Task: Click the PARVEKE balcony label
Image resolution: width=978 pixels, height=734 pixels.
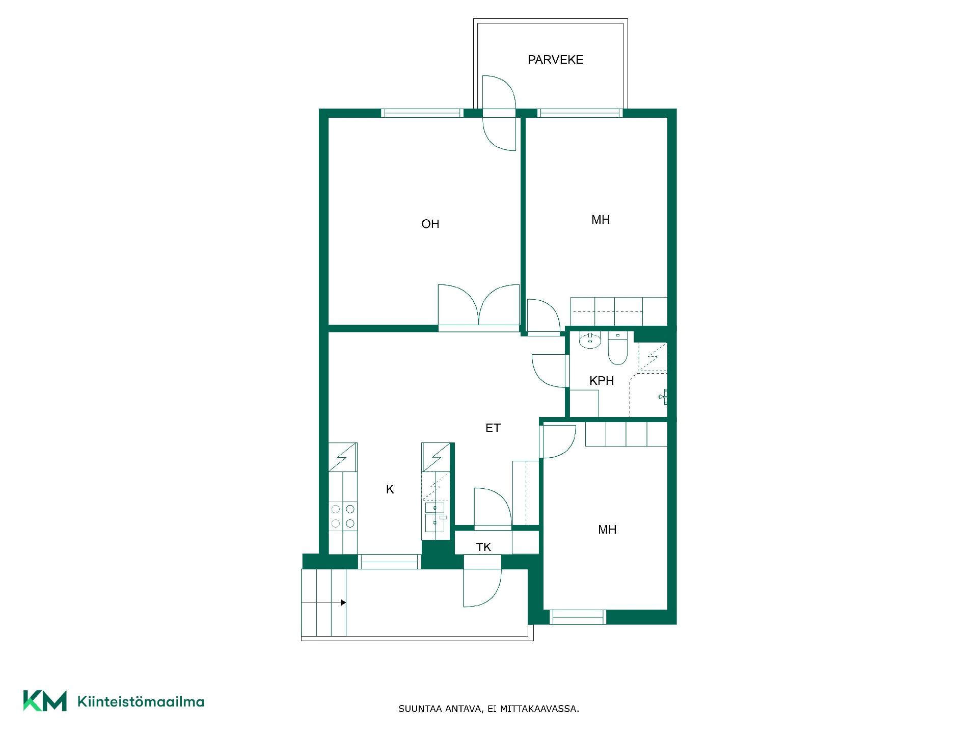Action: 555,60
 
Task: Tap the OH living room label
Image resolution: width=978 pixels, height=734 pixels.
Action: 430,224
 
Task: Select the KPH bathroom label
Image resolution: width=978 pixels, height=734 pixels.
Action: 602,381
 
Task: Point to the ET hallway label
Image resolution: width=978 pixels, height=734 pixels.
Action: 493,428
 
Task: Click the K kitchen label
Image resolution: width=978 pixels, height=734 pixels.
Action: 390,489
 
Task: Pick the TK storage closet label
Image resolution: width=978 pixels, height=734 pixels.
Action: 483,547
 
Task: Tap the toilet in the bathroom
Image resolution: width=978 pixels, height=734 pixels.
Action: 617,349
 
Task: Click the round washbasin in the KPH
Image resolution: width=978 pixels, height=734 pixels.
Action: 590,340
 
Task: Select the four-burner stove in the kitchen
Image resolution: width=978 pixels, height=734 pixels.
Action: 343,516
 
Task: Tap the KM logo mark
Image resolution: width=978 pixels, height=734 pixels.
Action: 45,701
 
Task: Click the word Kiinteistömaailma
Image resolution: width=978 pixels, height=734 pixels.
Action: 141,701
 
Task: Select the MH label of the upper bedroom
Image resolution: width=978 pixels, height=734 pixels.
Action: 601,220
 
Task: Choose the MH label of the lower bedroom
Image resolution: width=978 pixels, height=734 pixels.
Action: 607,530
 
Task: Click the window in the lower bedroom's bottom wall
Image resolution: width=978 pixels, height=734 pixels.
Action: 578,617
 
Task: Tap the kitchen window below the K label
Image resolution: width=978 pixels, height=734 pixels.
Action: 389,562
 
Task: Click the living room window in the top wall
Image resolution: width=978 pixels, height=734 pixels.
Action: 422,113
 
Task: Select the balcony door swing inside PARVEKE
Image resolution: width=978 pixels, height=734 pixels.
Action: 499,92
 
